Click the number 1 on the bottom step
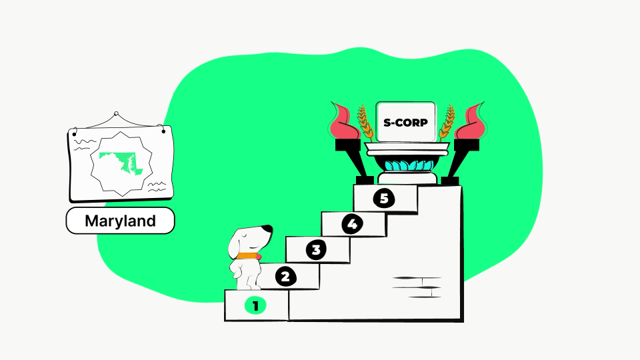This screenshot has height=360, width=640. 255,306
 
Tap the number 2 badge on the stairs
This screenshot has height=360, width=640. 286,277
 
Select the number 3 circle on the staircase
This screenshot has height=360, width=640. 316,250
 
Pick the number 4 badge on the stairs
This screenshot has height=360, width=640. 352,224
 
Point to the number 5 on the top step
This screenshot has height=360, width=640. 384,198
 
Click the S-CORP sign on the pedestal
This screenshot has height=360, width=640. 406,122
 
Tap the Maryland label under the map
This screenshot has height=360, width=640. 121,221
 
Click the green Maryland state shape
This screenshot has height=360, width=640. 121,164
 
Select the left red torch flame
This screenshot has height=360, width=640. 345,121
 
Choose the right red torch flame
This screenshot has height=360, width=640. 470,121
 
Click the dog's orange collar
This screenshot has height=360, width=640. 247,256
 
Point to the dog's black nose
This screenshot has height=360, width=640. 267,229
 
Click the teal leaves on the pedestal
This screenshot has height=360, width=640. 409,165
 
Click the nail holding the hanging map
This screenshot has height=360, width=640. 116,114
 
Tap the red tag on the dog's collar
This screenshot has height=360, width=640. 259,257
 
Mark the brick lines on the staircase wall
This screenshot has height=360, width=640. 417,287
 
